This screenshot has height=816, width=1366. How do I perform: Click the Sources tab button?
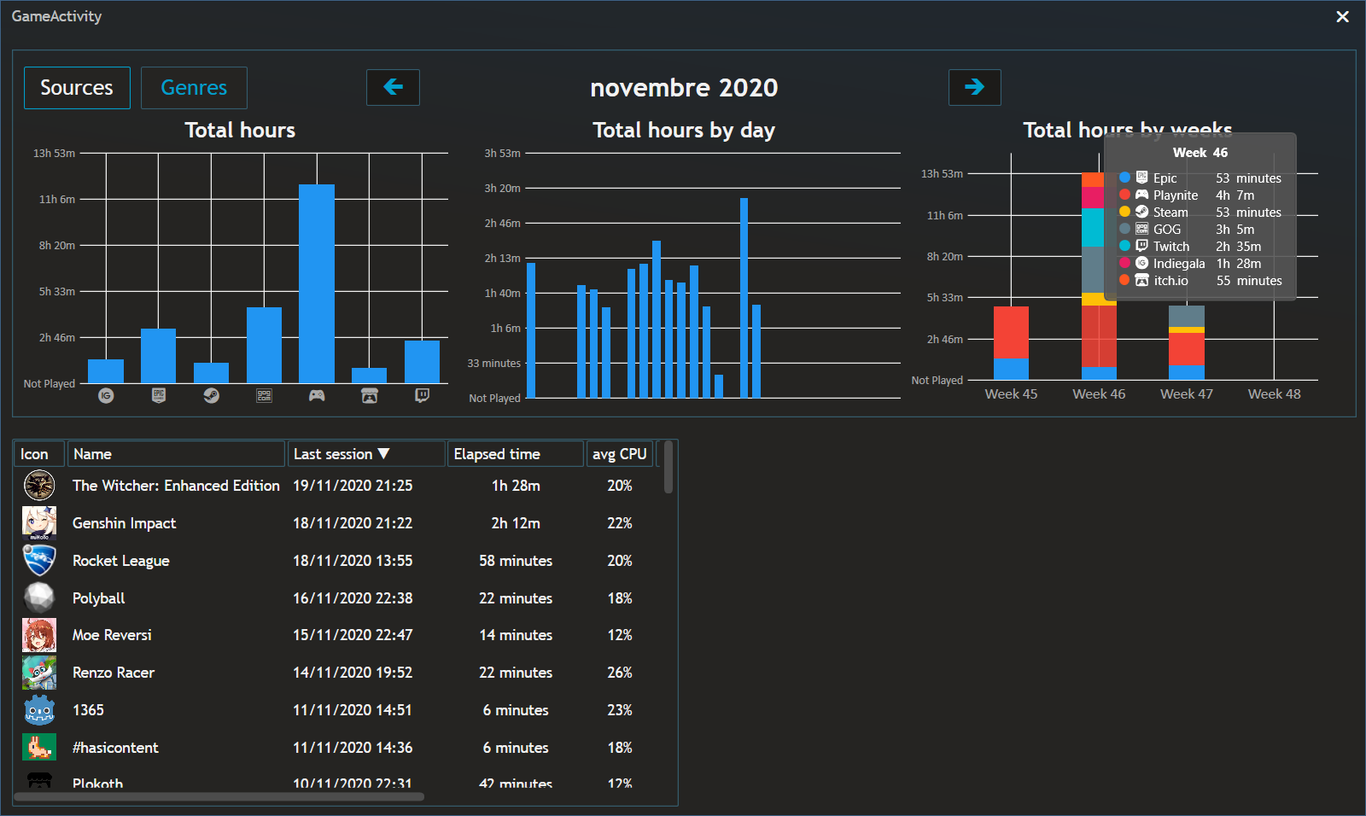click(x=77, y=88)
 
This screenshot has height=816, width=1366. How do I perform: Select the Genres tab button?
click(x=194, y=88)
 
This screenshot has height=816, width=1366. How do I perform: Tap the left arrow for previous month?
click(x=393, y=87)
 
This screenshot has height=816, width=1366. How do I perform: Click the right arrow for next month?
click(x=974, y=87)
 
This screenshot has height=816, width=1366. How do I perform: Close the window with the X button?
click(x=1342, y=17)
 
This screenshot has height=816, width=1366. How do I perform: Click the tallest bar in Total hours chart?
click(x=317, y=283)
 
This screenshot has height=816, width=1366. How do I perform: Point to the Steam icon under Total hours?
click(x=211, y=396)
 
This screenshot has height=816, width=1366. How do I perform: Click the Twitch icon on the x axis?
click(x=422, y=396)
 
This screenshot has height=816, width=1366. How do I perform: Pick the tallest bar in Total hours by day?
click(x=744, y=298)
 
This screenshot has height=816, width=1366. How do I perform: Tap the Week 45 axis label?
click(x=1011, y=394)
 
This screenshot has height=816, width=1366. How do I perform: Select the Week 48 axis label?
click(x=1274, y=394)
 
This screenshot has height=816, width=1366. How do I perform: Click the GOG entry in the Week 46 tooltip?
click(x=1167, y=230)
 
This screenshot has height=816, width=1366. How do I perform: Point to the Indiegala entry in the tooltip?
click(x=1178, y=264)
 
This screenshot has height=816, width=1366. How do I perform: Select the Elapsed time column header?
click(x=497, y=454)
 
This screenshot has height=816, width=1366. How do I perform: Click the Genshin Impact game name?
click(x=125, y=523)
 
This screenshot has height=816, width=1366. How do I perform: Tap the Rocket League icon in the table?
click(x=39, y=561)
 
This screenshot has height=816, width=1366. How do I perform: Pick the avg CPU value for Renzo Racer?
click(x=620, y=673)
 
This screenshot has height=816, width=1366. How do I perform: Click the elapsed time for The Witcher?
click(x=516, y=486)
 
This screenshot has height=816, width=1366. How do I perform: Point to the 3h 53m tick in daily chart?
click(x=502, y=154)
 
